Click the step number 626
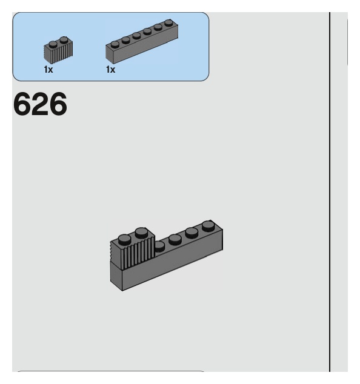click(x=39, y=105)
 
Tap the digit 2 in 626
click(x=39, y=105)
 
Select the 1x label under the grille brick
click(x=48, y=70)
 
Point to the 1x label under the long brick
click(x=110, y=70)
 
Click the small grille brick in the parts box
click(x=58, y=51)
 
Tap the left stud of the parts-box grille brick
click(x=53, y=43)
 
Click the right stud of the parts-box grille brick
click(x=64, y=40)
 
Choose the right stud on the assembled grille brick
click(x=141, y=232)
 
